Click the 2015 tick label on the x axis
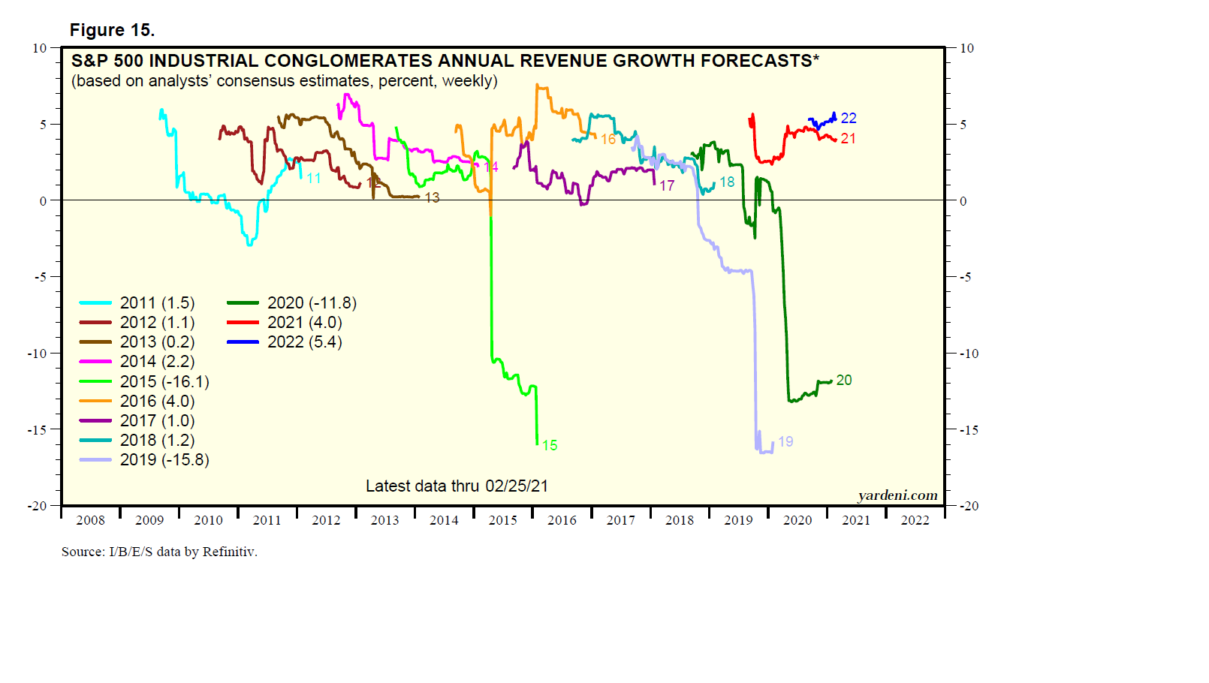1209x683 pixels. (502, 520)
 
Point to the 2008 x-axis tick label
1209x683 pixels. (90, 520)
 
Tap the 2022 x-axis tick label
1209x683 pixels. (915, 520)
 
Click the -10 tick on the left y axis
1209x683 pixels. (38, 354)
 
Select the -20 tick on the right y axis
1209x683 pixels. (969, 506)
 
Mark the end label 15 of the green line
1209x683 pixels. (550, 445)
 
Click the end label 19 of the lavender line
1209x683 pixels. (785, 441)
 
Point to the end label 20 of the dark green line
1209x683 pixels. (844, 380)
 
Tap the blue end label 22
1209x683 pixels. (849, 118)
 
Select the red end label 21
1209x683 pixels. (849, 138)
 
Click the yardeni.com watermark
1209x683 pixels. (897, 495)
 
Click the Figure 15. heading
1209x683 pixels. (112, 30)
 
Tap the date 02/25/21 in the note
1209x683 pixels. (517, 486)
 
